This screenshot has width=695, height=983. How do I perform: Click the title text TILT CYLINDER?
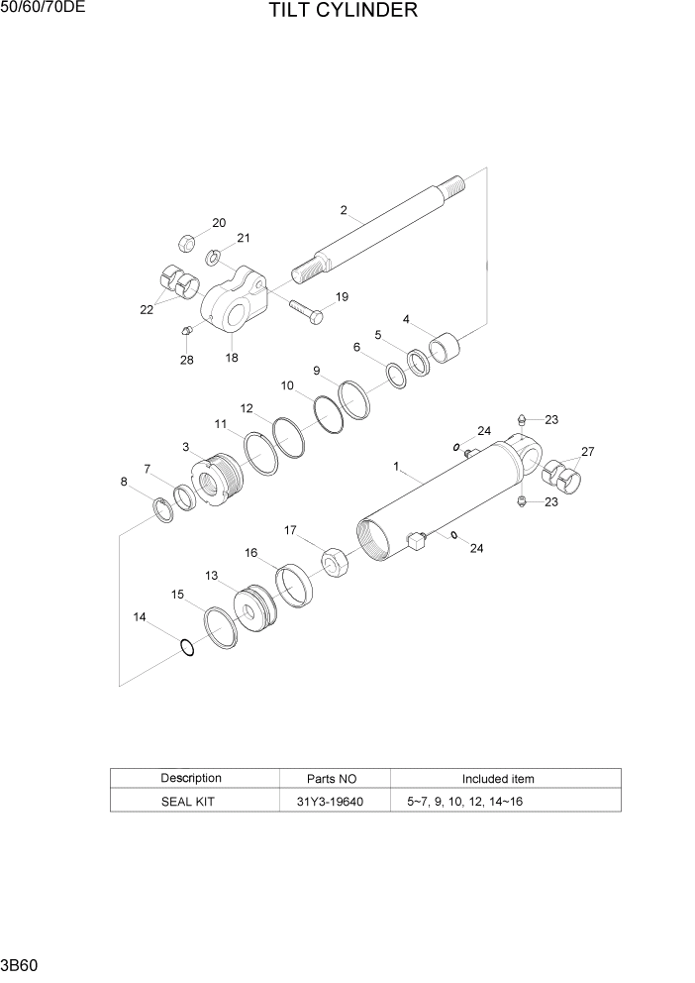click(342, 12)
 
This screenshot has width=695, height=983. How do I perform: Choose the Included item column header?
click(498, 779)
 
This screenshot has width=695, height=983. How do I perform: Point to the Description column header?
click(191, 778)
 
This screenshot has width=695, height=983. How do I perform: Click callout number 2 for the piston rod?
click(344, 210)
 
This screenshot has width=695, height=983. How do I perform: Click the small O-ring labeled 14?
click(186, 647)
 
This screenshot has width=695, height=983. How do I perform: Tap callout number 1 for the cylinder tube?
click(396, 465)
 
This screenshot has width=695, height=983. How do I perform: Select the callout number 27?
click(588, 452)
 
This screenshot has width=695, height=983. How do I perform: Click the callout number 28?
click(186, 360)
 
